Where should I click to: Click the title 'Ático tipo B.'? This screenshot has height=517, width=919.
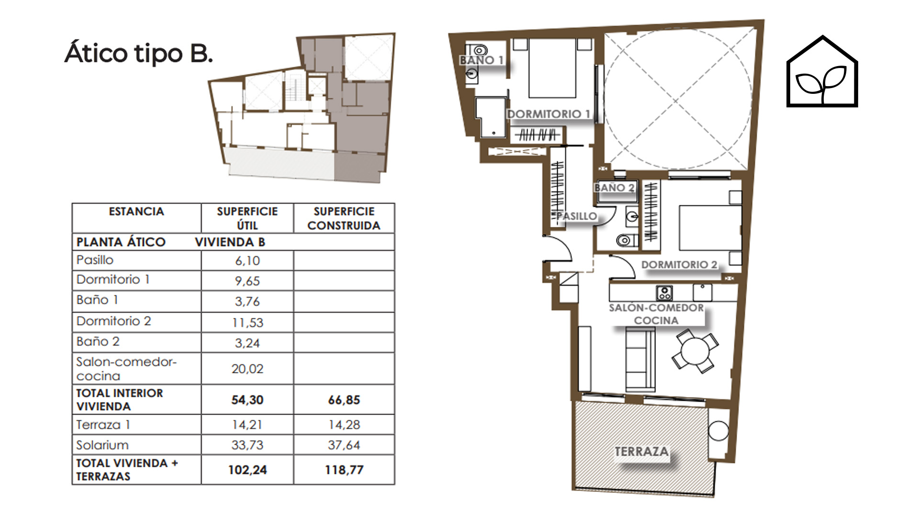click(x=138, y=53)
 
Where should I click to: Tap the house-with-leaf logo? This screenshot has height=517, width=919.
click(x=822, y=71)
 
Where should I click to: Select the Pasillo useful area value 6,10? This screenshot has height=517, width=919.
click(x=247, y=261)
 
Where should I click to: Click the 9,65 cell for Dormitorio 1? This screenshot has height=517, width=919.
click(x=247, y=281)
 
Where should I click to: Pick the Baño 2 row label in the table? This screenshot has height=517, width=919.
click(x=98, y=342)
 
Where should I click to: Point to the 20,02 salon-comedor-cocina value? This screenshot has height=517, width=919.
click(x=247, y=369)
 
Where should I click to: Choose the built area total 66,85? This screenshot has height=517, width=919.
click(x=344, y=400)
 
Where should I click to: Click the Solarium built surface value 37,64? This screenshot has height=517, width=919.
click(x=344, y=445)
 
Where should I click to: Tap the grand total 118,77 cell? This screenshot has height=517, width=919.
click(x=344, y=470)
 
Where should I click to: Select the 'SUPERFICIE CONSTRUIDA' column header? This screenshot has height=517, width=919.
click(x=344, y=218)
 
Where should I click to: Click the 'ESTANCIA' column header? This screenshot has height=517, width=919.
click(x=136, y=212)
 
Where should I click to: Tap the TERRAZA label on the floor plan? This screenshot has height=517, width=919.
click(x=641, y=451)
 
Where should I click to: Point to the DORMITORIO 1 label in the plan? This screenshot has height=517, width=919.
click(x=549, y=114)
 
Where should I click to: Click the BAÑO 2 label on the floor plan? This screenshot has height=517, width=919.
click(x=615, y=188)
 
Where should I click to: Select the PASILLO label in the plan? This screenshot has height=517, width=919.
click(x=576, y=216)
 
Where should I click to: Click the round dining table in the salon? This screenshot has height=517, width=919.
click(x=695, y=351)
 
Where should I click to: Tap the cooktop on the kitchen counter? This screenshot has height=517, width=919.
click(x=664, y=292)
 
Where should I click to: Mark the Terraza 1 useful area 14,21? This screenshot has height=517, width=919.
click(x=247, y=425)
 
